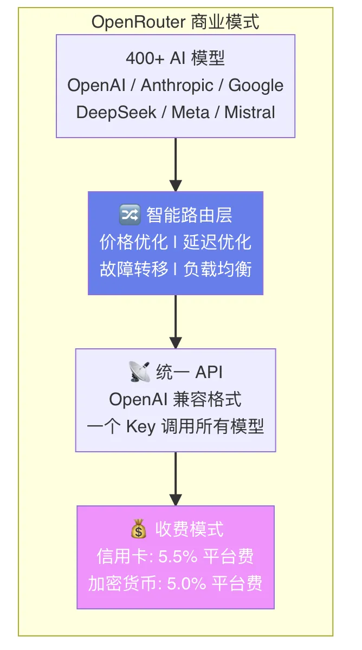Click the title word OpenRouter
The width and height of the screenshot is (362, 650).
138,22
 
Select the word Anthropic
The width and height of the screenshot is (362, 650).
177,86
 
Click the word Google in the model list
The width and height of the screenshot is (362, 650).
256,86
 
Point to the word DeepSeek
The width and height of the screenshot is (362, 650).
116,112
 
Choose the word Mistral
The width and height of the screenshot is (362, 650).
250,112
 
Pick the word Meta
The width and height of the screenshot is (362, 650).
190,112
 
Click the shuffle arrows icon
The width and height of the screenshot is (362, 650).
130,214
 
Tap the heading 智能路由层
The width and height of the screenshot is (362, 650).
189,215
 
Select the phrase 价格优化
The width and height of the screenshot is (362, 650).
133,242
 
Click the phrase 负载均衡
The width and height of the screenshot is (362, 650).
217,269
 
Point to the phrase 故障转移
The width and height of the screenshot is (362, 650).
133,269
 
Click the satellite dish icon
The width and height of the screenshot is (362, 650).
139,372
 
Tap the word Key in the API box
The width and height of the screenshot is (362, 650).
141,427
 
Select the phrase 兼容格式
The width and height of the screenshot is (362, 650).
207,399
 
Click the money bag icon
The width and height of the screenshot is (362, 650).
139,529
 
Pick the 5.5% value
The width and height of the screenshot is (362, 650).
178,557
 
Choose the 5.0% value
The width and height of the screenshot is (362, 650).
186,583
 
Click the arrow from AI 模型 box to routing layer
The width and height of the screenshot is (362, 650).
176,165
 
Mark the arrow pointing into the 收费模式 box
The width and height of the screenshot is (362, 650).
176,479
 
